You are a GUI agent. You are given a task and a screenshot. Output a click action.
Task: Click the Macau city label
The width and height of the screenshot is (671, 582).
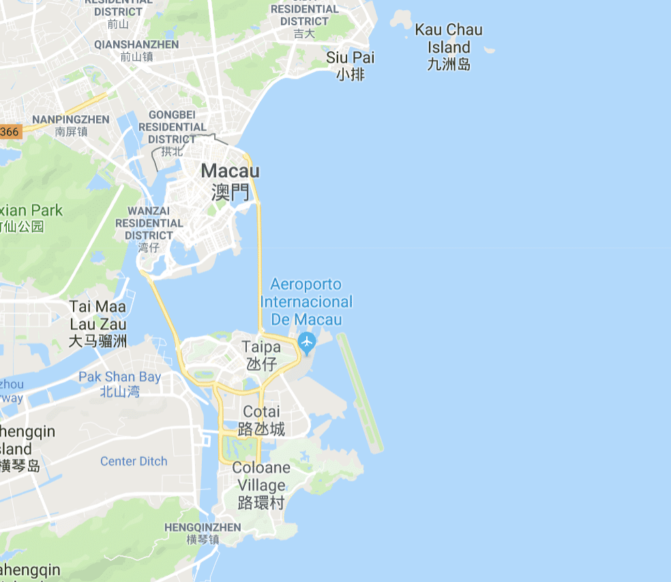click(x=230, y=171)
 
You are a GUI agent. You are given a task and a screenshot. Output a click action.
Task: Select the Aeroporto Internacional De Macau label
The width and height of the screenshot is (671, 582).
click(x=306, y=302)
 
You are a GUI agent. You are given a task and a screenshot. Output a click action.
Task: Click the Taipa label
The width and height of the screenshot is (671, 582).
click(x=261, y=348)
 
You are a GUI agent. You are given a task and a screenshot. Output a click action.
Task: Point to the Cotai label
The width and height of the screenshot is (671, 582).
click(x=261, y=412)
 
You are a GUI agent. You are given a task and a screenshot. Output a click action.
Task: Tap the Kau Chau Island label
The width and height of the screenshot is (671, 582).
click(x=449, y=39)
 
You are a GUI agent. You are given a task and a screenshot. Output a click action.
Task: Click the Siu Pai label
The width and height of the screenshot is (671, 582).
click(x=351, y=58)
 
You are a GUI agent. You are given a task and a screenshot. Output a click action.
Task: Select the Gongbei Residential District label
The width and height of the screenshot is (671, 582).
click(x=172, y=127)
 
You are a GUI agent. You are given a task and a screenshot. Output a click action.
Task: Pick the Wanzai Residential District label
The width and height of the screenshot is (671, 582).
click(x=149, y=223)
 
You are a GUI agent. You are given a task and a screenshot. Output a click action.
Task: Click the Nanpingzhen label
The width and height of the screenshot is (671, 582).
click(x=71, y=119)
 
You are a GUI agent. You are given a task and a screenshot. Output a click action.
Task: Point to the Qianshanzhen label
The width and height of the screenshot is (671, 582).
click(x=136, y=44)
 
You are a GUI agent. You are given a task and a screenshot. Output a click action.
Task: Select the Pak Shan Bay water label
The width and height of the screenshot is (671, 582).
click(x=120, y=377)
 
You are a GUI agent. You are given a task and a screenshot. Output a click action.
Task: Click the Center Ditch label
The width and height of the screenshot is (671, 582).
click(x=134, y=461)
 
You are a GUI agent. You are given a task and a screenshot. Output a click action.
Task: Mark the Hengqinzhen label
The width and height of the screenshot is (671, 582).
click(x=203, y=527)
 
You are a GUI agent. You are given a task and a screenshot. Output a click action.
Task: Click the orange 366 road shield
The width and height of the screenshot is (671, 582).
click(x=10, y=132)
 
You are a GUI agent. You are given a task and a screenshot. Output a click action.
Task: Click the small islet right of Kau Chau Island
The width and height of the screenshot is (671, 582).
click(x=489, y=50)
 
